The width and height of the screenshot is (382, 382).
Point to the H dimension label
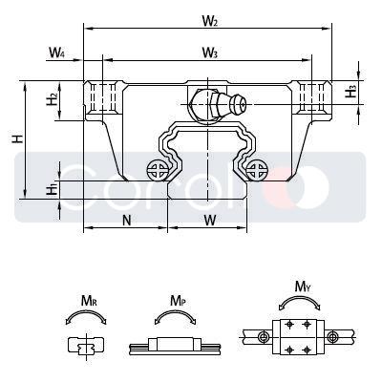17,139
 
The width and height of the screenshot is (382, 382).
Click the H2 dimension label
53,99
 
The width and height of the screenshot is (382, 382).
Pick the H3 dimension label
351,92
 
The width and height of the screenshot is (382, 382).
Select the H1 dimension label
53,188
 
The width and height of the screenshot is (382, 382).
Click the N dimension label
126,220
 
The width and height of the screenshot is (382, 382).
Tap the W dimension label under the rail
209,220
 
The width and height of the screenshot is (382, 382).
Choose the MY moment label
302,286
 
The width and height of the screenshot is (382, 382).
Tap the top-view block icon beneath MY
298,337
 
